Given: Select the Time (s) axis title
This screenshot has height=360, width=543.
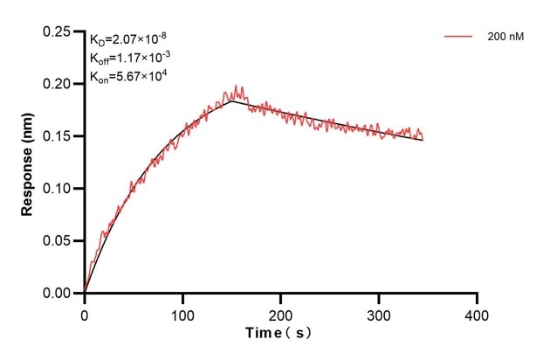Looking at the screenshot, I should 279,333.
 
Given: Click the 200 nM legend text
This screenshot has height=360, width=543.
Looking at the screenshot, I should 505,38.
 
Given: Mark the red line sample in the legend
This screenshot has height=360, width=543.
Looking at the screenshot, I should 458,38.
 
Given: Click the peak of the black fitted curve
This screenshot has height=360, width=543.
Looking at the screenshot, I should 232,101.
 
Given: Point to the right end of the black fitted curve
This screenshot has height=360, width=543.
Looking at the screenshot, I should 423,140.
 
